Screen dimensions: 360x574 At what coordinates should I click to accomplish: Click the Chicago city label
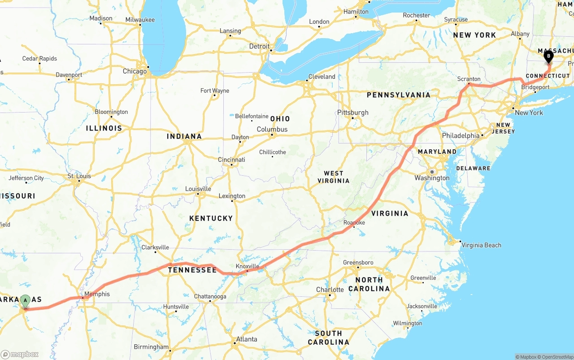tap(135, 71)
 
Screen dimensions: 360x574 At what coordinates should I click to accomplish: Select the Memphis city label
tap(97, 294)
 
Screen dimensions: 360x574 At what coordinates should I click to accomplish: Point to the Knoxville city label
tap(248, 266)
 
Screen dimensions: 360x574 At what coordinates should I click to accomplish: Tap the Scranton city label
tap(469, 79)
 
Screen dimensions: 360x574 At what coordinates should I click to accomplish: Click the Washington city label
tap(432, 178)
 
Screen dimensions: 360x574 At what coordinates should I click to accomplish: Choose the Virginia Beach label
tap(481, 245)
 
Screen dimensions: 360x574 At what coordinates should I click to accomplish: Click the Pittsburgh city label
tap(353, 113)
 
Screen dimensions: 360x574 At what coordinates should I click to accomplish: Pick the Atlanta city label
tap(247, 339)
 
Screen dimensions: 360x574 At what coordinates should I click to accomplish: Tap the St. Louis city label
tap(79, 176)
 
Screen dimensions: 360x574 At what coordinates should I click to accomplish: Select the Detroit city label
tap(259, 46)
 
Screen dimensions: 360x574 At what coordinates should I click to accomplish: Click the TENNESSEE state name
tap(192, 270)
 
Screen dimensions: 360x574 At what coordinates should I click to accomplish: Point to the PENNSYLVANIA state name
tap(398, 95)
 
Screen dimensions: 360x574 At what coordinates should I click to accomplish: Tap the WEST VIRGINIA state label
tap(333, 177)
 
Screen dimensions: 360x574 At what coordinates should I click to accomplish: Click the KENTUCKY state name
tap(211, 218)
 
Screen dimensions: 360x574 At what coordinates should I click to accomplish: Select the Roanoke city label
tap(354, 223)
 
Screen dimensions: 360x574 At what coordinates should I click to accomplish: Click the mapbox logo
tap(20, 354)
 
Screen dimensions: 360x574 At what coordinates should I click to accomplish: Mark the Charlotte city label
tap(330, 290)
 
